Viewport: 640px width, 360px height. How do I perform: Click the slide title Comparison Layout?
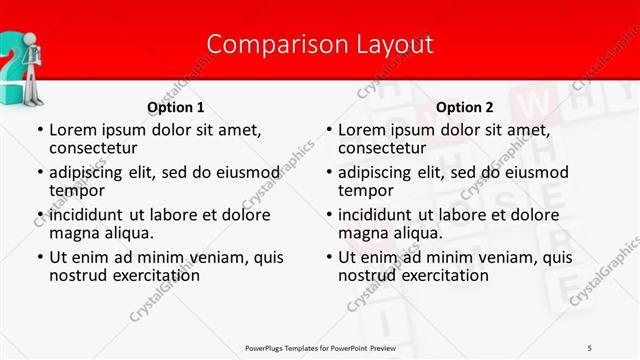pos(320,44)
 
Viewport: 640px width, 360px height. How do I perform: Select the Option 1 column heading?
pos(176,107)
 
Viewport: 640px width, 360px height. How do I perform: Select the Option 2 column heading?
pos(465,107)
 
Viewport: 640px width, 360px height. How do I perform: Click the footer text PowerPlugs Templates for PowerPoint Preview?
pos(320,347)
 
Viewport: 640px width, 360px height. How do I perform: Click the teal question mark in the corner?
pos(8,60)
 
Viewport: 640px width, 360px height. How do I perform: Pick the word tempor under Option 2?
pos(366,190)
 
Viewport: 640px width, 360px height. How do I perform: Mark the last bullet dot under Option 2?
pos(328,257)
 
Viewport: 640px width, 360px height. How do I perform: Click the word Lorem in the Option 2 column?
pos(362,129)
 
